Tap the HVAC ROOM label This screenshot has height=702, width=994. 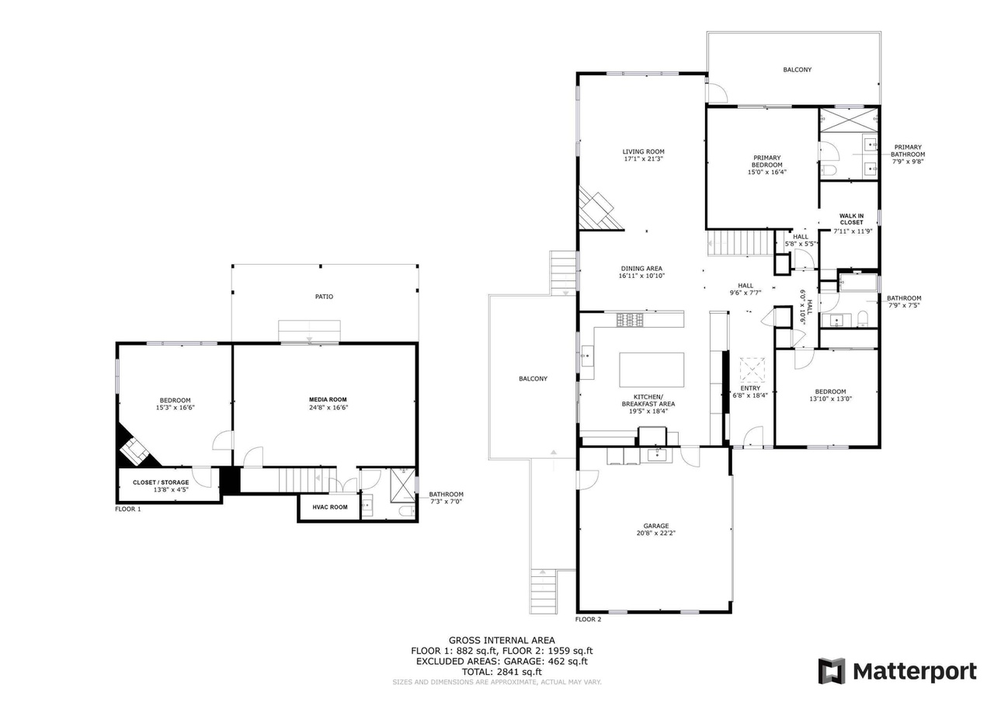point(330,507)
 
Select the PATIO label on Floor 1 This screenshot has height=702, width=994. point(324,297)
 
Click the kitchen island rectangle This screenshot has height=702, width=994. point(652,370)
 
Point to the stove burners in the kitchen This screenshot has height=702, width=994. point(629,319)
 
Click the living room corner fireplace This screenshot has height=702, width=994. point(598,209)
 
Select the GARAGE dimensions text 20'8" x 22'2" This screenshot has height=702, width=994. point(656,533)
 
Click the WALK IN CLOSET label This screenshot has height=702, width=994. point(851,219)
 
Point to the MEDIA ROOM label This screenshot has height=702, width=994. point(328,399)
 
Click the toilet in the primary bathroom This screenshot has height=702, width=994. point(828,170)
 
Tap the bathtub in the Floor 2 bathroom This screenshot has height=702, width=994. point(858,283)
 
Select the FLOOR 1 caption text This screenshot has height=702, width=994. point(128,509)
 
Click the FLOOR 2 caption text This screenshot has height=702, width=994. point(588,619)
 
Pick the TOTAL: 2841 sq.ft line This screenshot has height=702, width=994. point(502,672)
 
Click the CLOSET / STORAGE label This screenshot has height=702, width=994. point(161,482)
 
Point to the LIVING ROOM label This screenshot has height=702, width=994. point(643,151)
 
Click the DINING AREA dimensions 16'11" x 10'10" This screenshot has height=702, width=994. point(641,276)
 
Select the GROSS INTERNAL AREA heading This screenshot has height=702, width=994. point(502,641)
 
